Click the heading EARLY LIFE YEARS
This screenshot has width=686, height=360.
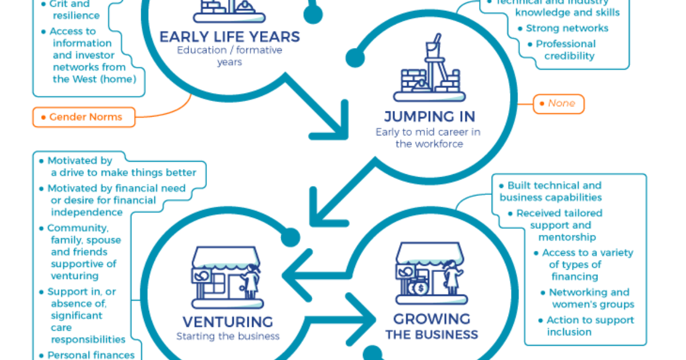pyautogui.click(x=229, y=37)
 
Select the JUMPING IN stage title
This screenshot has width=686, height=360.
pyautogui.click(x=429, y=117)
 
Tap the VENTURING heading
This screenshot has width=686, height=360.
pyautogui.click(x=228, y=321)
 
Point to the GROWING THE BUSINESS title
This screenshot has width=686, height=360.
pyautogui.click(x=432, y=326)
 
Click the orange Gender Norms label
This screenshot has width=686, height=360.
pyautogui.click(x=85, y=117)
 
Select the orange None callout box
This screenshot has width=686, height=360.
pyautogui.click(x=559, y=104)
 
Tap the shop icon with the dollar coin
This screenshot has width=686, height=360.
pyautogui.click(x=430, y=274)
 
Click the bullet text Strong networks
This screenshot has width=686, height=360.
pyautogui.click(x=567, y=28)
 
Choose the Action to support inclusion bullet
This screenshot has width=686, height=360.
pyautogui.click(x=589, y=326)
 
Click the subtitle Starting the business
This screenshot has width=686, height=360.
pyautogui.click(x=228, y=336)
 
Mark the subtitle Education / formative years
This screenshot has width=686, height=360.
pyautogui.click(x=229, y=55)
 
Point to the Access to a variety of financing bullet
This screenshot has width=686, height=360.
pyautogui.click(x=587, y=265)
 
